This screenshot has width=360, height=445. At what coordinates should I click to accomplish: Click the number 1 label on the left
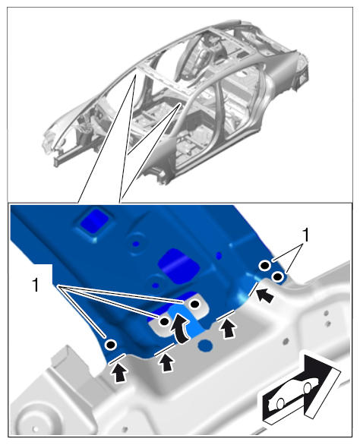click(x=36, y=285)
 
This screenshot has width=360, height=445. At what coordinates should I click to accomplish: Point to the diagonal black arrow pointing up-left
click(x=265, y=295)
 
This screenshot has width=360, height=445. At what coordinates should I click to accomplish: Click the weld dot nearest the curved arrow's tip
click(x=194, y=304)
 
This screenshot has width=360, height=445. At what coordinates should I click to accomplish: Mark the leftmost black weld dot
click(x=110, y=345)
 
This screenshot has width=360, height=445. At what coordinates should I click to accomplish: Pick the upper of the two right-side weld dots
click(x=264, y=266)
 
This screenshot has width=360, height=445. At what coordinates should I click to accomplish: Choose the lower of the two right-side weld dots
click(x=277, y=276)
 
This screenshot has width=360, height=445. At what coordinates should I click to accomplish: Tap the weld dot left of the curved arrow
click(x=164, y=321)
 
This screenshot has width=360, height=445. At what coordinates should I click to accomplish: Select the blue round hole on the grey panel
click(x=206, y=345)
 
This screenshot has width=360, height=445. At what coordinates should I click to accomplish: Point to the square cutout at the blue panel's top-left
click(x=94, y=222)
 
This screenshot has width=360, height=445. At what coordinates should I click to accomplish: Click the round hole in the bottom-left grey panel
click(x=36, y=428)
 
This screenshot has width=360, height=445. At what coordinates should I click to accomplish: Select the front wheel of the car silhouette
click(x=308, y=389)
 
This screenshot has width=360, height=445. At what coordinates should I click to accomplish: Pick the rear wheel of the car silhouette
click(x=280, y=403)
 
